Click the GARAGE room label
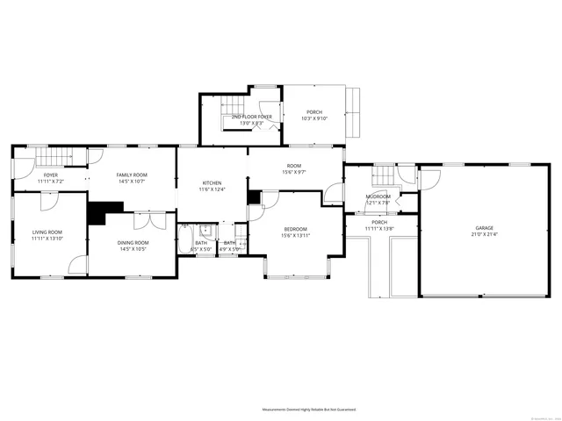(484, 227)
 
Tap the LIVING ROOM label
(47, 232)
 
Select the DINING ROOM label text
(134, 242)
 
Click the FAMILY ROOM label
(133, 175)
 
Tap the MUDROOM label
(378, 197)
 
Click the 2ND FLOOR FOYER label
(251, 117)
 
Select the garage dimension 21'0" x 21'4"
(484, 234)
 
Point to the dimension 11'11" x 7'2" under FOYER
(51, 182)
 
